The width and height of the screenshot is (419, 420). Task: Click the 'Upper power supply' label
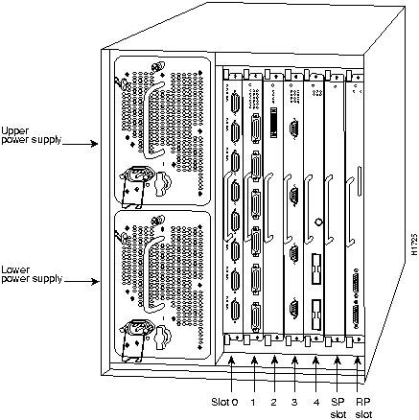click(x=32, y=135)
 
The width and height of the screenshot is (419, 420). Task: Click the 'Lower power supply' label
click(x=32, y=274)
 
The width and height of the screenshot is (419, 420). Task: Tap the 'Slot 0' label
click(x=224, y=402)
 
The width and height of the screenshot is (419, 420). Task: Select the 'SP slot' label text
click(x=338, y=408)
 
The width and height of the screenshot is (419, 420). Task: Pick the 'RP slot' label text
click(x=363, y=408)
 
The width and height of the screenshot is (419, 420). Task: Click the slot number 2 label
click(x=273, y=402)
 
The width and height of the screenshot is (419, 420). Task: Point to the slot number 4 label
click(x=315, y=402)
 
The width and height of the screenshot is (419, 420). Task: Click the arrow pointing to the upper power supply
click(x=80, y=144)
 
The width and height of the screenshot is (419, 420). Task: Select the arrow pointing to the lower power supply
click(x=81, y=282)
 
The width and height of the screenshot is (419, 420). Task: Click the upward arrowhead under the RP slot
click(x=358, y=362)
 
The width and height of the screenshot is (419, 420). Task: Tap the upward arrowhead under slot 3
click(x=294, y=362)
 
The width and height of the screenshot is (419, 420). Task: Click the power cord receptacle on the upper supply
click(x=135, y=175)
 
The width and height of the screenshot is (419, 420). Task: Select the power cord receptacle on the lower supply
click(x=135, y=329)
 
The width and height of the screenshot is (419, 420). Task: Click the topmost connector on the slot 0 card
click(x=235, y=103)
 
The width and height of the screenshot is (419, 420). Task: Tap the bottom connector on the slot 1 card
click(x=256, y=316)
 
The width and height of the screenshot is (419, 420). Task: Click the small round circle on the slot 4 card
click(x=318, y=222)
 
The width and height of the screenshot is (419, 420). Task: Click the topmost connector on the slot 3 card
click(x=294, y=128)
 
